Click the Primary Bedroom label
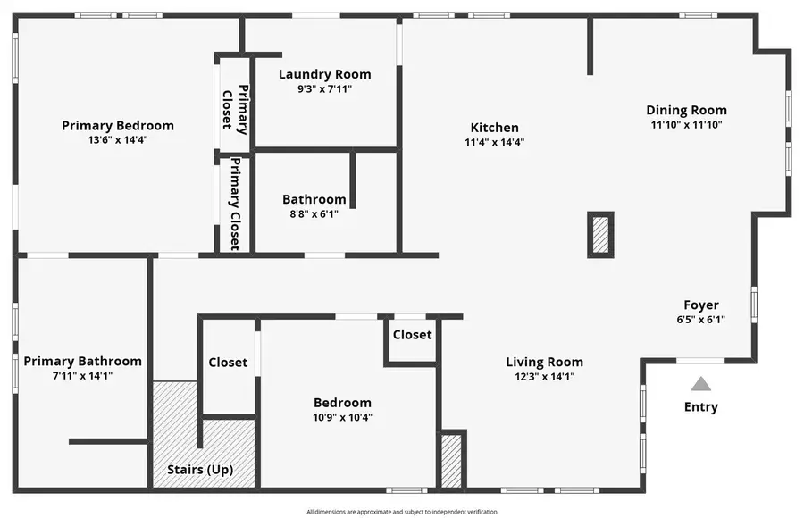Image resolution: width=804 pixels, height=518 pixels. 118,126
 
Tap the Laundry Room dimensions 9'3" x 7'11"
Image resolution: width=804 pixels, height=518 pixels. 324,88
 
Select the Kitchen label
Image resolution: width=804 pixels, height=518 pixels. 494,128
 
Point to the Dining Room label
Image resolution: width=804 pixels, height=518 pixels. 686,111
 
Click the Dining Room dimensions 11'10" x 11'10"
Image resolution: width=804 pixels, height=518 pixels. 686,125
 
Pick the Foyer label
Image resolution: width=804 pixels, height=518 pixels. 701,305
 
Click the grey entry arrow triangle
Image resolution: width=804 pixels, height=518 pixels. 701,384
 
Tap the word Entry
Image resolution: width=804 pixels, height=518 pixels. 701,407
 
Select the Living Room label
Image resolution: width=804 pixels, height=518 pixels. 544,362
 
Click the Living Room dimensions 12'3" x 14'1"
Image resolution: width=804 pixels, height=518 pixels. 544,377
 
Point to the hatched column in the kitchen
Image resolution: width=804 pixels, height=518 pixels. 600,234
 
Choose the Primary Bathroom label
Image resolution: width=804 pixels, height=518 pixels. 82,362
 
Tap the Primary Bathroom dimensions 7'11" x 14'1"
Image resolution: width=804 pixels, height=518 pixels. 82,376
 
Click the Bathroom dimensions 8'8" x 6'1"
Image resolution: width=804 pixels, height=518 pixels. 314,213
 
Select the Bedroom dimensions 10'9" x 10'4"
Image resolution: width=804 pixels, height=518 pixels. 342,417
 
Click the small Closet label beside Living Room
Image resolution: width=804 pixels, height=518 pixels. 412,335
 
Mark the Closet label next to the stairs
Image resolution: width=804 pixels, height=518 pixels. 228,363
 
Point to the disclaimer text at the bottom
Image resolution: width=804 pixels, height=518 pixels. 401,512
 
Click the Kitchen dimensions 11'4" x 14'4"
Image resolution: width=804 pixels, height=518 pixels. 494,142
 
